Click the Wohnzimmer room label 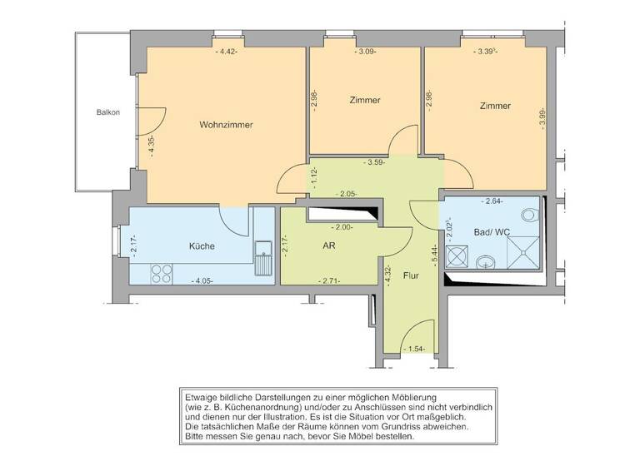point(226,125)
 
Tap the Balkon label point(107,112)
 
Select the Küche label point(202,246)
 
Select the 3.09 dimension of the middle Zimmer point(366,52)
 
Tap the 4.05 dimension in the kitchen point(202,280)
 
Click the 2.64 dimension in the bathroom point(495,201)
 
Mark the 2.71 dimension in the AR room point(331,280)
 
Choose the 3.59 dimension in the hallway point(374,162)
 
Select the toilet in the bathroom point(527,216)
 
